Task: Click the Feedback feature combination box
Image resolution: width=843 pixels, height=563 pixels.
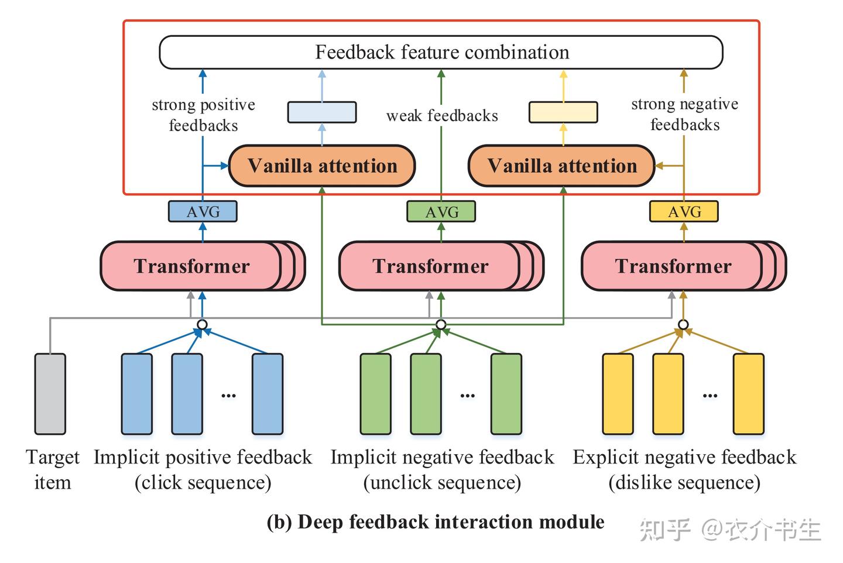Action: (x=441, y=52)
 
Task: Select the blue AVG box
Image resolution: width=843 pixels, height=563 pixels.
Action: (x=203, y=211)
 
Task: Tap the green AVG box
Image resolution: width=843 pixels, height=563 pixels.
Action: (x=441, y=211)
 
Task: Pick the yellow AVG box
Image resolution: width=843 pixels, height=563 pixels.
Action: (x=684, y=211)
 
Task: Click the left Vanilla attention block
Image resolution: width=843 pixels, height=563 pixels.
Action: (x=322, y=166)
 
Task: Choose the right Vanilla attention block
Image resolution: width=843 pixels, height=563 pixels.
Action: (x=562, y=166)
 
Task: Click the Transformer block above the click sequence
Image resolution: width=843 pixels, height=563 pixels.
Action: (x=203, y=266)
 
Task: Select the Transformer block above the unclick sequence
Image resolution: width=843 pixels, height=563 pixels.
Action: (x=441, y=266)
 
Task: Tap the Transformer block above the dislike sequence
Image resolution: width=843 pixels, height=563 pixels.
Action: (x=684, y=266)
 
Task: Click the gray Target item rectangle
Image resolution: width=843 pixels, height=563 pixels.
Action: (x=50, y=394)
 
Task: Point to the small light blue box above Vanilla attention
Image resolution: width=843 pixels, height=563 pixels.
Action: (x=322, y=112)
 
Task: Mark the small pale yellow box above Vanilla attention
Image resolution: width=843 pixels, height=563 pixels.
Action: (x=563, y=112)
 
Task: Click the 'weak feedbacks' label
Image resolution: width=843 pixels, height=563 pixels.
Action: (x=442, y=115)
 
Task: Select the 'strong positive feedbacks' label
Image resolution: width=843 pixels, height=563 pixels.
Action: (x=203, y=115)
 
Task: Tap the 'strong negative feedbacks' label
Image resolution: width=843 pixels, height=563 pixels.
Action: (x=684, y=114)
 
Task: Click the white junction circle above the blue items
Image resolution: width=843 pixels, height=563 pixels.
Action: (x=203, y=324)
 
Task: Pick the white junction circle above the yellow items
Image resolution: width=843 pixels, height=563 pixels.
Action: (x=683, y=324)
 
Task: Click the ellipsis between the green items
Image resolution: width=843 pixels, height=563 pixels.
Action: (x=467, y=396)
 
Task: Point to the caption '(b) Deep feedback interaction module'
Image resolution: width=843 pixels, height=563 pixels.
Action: (x=436, y=523)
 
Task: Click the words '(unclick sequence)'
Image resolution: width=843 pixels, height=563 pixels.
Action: (x=442, y=482)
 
